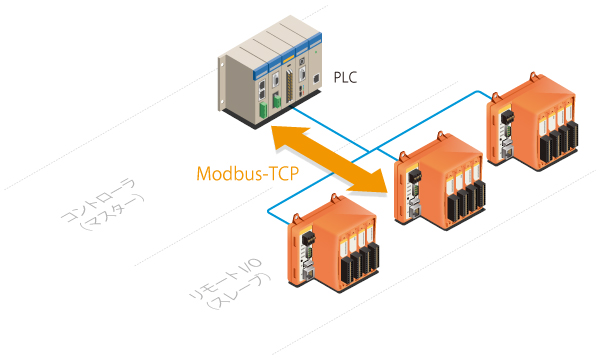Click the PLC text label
345,75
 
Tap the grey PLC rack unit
268,80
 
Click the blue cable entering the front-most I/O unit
279,209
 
